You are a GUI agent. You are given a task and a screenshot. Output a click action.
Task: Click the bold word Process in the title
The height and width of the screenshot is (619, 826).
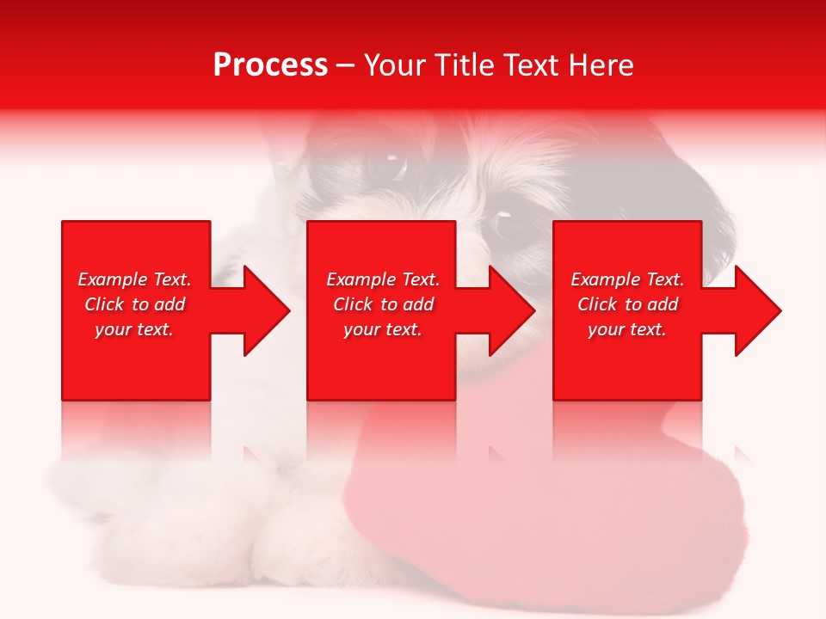[x=270, y=65]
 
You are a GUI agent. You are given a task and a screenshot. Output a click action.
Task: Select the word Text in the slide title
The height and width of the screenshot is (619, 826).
[x=532, y=65]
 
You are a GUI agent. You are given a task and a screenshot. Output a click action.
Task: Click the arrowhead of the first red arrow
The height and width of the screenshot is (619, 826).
[x=267, y=310]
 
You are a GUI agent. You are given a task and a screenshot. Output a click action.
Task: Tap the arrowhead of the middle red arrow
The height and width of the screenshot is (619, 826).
[x=512, y=310]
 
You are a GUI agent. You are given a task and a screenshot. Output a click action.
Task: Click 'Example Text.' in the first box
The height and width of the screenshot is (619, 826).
[x=134, y=279]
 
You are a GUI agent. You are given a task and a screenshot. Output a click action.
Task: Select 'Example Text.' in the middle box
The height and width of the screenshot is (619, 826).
[x=383, y=279]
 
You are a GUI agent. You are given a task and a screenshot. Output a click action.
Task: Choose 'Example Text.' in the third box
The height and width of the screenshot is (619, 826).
[x=627, y=279]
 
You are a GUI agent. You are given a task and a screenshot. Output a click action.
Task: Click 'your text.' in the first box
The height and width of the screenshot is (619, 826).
[x=134, y=329]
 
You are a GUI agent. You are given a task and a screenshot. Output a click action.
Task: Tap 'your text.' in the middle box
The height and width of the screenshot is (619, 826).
[x=383, y=329]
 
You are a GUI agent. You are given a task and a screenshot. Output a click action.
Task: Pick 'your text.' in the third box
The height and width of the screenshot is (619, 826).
[x=627, y=329]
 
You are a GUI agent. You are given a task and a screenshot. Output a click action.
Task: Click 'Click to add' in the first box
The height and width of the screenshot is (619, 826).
[x=134, y=304]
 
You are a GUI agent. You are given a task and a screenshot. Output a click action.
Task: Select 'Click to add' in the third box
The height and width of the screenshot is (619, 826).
[x=627, y=304]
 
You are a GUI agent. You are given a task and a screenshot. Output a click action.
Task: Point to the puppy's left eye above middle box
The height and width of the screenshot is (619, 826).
[x=392, y=163]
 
